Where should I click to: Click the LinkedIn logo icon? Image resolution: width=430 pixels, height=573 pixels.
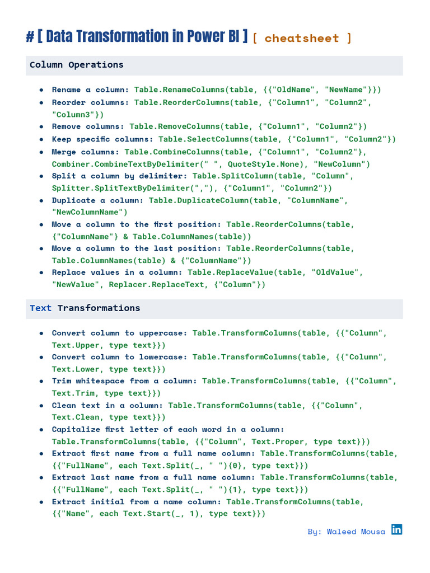point(396,529)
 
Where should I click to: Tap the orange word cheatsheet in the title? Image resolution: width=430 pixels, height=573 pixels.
point(301,38)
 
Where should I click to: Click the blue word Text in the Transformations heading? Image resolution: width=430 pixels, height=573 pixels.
point(40,308)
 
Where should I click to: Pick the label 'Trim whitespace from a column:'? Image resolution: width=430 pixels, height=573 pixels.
point(124,381)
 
